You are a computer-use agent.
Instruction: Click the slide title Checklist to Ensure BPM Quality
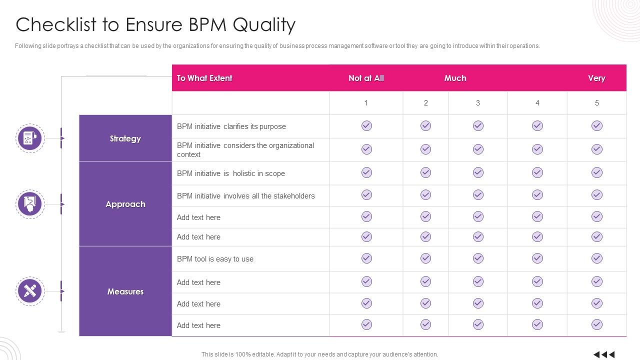155,24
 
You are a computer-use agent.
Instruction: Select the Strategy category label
125,138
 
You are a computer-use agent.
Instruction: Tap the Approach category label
125,204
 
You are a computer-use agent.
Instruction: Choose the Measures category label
125,291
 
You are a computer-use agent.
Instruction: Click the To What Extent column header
204,78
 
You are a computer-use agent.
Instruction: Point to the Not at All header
366,78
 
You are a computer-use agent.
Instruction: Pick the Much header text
455,78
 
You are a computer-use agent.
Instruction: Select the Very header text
596,78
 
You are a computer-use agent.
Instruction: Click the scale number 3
478,103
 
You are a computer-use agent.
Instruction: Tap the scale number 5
596,103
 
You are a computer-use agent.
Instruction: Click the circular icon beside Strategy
30,138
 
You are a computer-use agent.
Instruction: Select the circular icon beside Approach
30,204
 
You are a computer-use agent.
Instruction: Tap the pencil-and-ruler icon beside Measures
30,291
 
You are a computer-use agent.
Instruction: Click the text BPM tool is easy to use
215,259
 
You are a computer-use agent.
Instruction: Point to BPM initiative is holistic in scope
231,173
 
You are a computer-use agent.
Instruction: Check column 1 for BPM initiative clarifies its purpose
366,126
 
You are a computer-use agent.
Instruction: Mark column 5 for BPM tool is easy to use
596,258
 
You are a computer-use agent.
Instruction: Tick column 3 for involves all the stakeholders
478,195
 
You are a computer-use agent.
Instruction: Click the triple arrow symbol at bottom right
604,354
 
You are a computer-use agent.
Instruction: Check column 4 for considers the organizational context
537,149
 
